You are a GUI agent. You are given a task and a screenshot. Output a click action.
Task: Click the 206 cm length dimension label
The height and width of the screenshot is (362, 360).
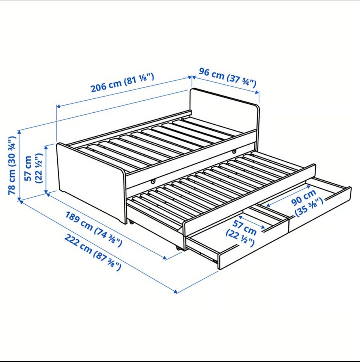click(122, 82)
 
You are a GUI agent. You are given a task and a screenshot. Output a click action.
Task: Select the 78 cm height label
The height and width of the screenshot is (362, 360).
click(12, 166)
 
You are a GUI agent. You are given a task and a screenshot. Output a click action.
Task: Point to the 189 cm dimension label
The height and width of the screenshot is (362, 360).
click(93, 229)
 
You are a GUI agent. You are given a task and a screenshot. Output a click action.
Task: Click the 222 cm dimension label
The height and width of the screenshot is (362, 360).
click(92, 252)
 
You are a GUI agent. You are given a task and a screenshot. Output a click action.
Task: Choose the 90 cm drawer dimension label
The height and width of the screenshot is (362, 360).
click(307, 203)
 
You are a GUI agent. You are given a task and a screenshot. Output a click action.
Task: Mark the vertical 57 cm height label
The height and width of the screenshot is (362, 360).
click(33, 168)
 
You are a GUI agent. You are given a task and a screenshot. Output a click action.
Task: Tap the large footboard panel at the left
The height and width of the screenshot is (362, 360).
click(91, 183)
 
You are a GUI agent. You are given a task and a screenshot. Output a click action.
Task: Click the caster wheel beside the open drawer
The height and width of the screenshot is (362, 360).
click(178, 248)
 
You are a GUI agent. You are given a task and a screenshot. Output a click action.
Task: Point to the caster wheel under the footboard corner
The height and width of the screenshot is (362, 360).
click(132, 222)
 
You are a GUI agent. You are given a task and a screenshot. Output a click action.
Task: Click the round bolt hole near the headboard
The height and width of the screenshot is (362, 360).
click(234, 152)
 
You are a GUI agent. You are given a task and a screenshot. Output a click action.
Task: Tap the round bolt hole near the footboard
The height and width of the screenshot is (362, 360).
click(153, 182)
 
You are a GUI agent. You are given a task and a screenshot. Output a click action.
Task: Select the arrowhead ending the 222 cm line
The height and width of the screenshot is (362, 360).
click(176, 291)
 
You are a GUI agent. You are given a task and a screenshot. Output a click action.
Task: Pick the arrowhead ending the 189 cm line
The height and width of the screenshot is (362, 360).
click(164, 258)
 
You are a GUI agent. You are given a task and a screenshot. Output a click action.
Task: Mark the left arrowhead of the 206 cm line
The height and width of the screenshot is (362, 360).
click(58, 106)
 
